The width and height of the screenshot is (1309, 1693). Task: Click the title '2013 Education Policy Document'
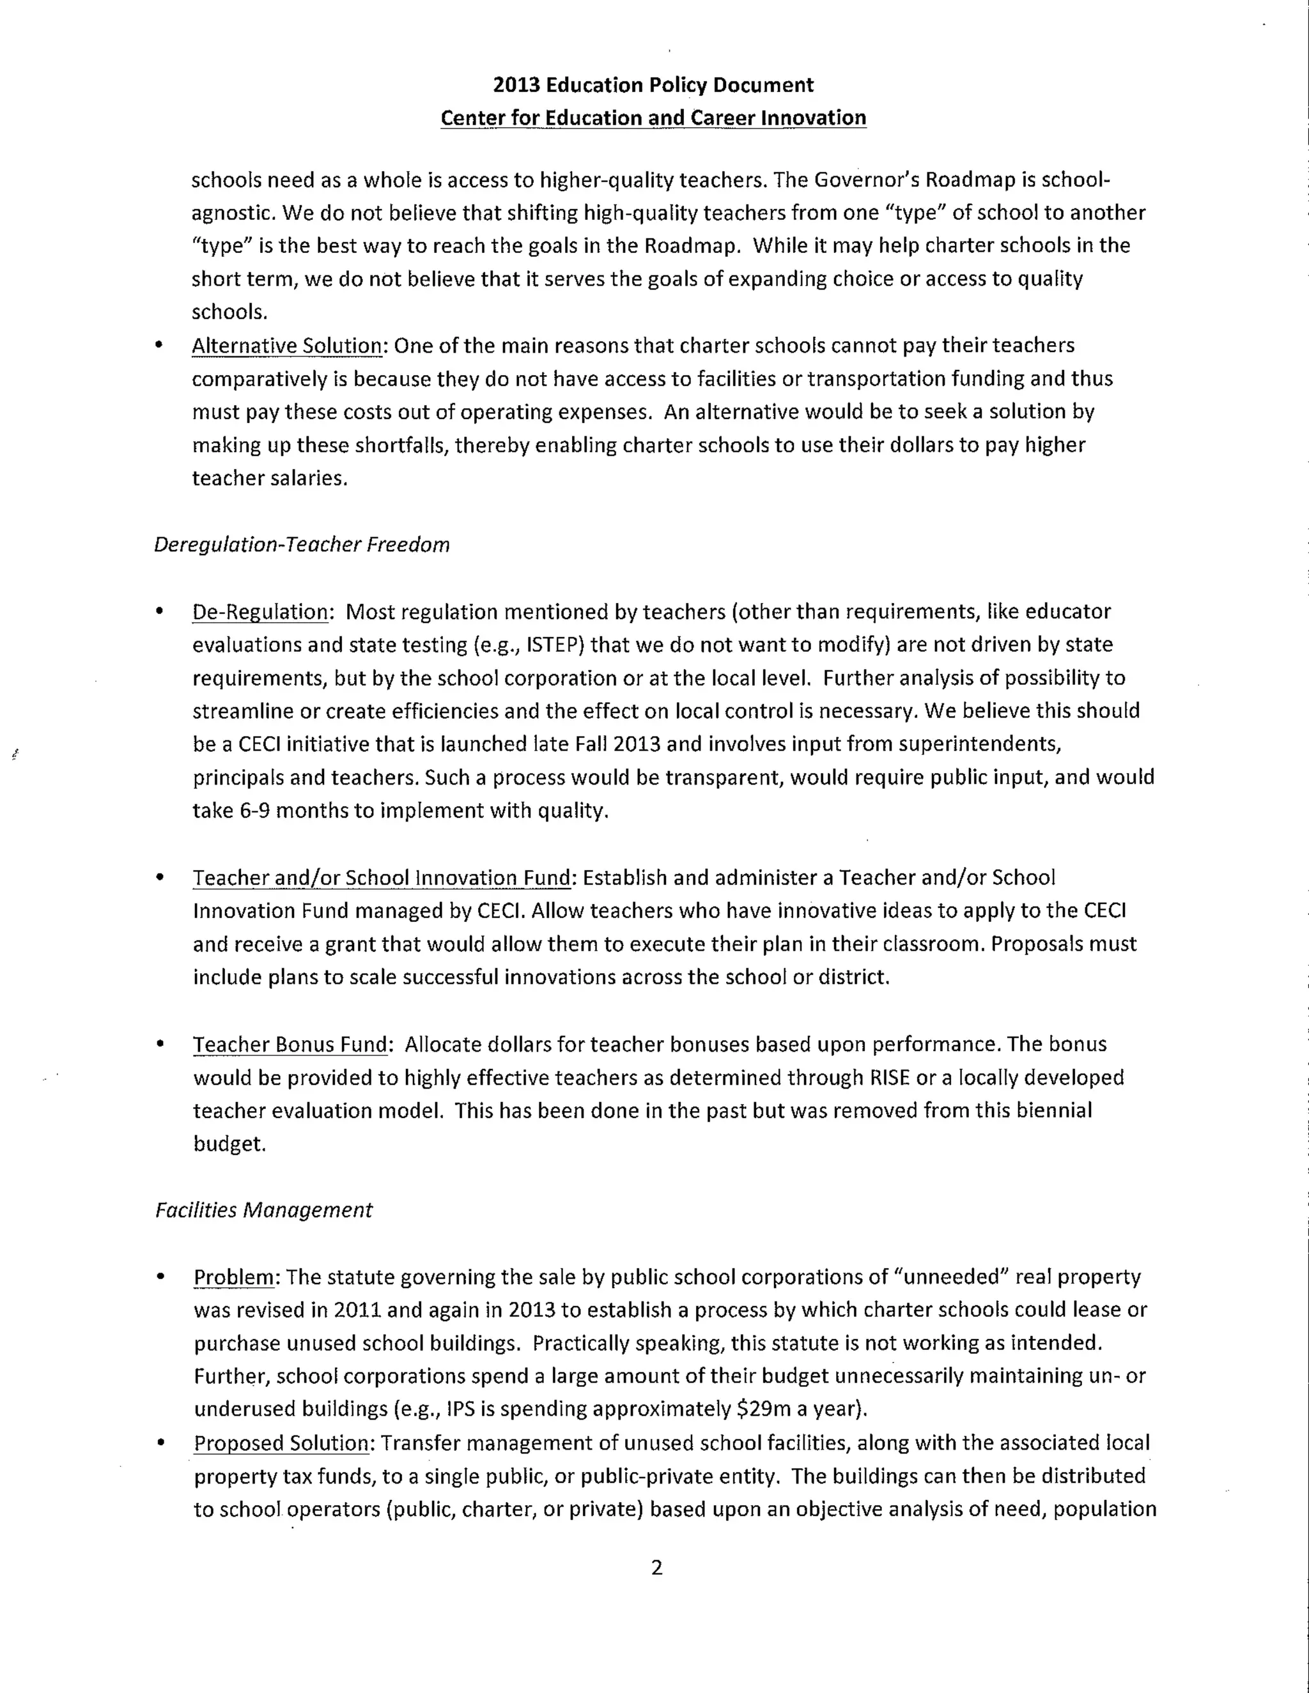pyautogui.click(x=653, y=84)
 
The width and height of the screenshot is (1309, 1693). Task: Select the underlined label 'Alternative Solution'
pyautogui.click(x=287, y=346)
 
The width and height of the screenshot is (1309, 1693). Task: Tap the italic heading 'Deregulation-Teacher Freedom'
pyautogui.click(x=302, y=545)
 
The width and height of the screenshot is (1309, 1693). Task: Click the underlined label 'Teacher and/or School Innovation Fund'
pyautogui.click(x=382, y=878)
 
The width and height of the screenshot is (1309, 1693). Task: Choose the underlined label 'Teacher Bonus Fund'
pyautogui.click(x=290, y=1044)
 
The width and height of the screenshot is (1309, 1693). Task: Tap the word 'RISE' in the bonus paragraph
pyautogui.click(x=890, y=1078)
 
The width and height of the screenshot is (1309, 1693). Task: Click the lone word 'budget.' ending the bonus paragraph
pyautogui.click(x=229, y=1144)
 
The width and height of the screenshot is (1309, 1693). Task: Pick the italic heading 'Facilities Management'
pyautogui.click(x=264, y=1210)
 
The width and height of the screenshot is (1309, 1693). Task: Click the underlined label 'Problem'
pyautogui.click(x=233, y=1276)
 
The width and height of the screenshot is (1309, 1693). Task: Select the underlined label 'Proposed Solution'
pyautogui.click(x=281, y=1443)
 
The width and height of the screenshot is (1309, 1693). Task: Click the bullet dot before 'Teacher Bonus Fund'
pyautogui.click(x=160, y=1044)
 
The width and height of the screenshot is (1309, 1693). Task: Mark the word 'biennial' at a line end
pyautogui.click(x=1055, y=1111)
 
